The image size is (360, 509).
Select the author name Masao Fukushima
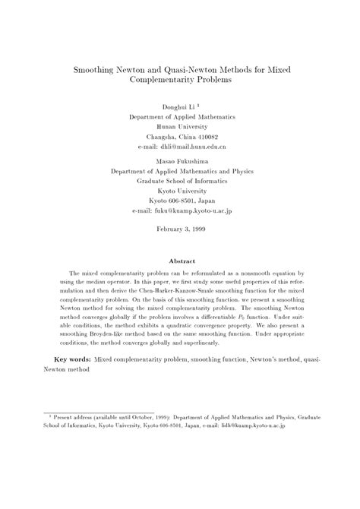(181, 162)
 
